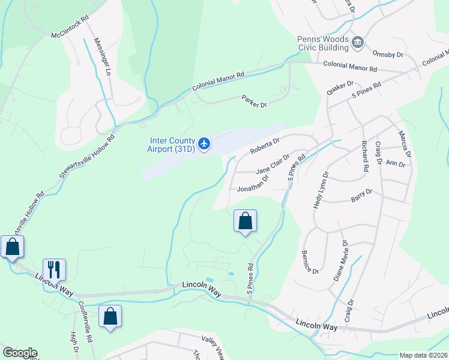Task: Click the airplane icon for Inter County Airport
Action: (204, 143)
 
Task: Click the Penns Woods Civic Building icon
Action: (358, 41)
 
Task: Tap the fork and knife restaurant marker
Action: (54, 270)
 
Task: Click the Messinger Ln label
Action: (101, 57)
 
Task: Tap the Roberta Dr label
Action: (265, 145)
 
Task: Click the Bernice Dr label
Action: (310, 262)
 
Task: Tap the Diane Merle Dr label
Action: (340, 261)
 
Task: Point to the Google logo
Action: (20, 353)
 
